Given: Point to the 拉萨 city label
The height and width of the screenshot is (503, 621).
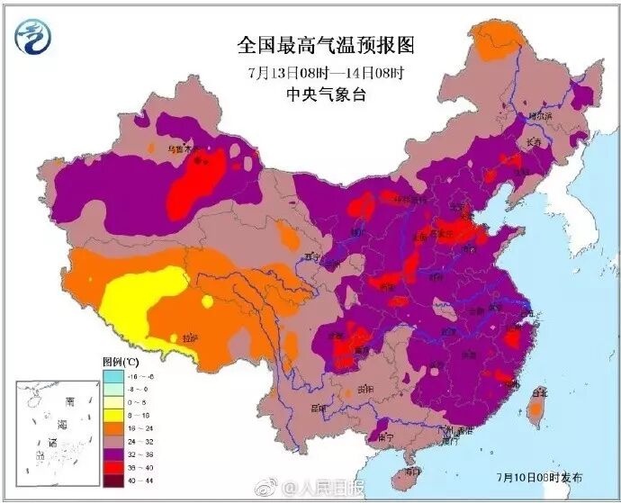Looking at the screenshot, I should [189, 338].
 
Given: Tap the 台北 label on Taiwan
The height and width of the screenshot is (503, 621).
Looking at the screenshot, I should [539, 392].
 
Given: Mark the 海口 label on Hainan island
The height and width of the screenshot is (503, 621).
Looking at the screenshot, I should [412, 471].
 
